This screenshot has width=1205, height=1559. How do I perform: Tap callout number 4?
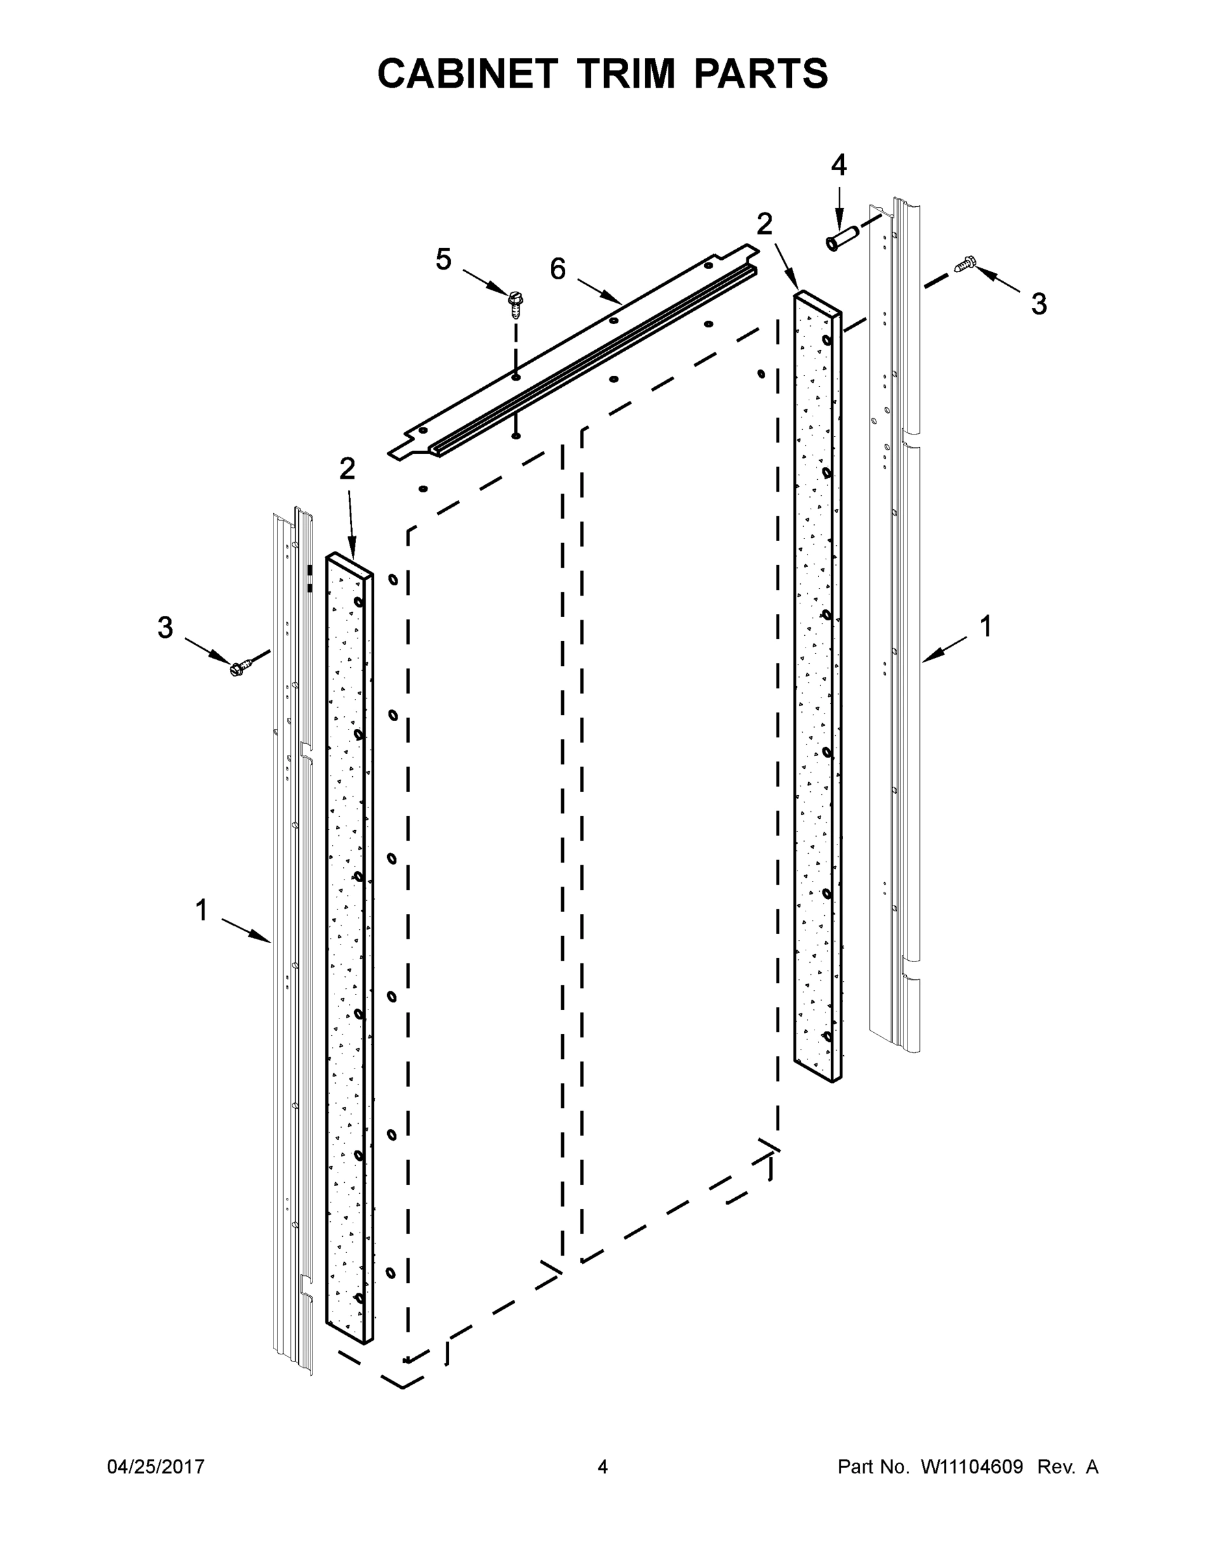tap(839, 166)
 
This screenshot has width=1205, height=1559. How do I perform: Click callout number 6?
tap(557, 269)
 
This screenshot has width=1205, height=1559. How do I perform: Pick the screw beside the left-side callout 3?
tap(239, 666)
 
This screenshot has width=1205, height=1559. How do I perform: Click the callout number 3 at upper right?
tap(1039, 304)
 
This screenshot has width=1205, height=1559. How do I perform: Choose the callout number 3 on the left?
tap(165, 628)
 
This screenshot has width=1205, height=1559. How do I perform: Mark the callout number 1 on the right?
tap(985, 627)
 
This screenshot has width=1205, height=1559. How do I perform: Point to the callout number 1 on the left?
tap(201, 910)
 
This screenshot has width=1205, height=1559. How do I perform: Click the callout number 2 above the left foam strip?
tap(347, 469)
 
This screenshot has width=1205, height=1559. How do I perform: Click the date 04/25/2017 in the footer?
tap(156, 1467)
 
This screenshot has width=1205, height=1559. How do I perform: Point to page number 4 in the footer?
tap(603, 1467)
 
